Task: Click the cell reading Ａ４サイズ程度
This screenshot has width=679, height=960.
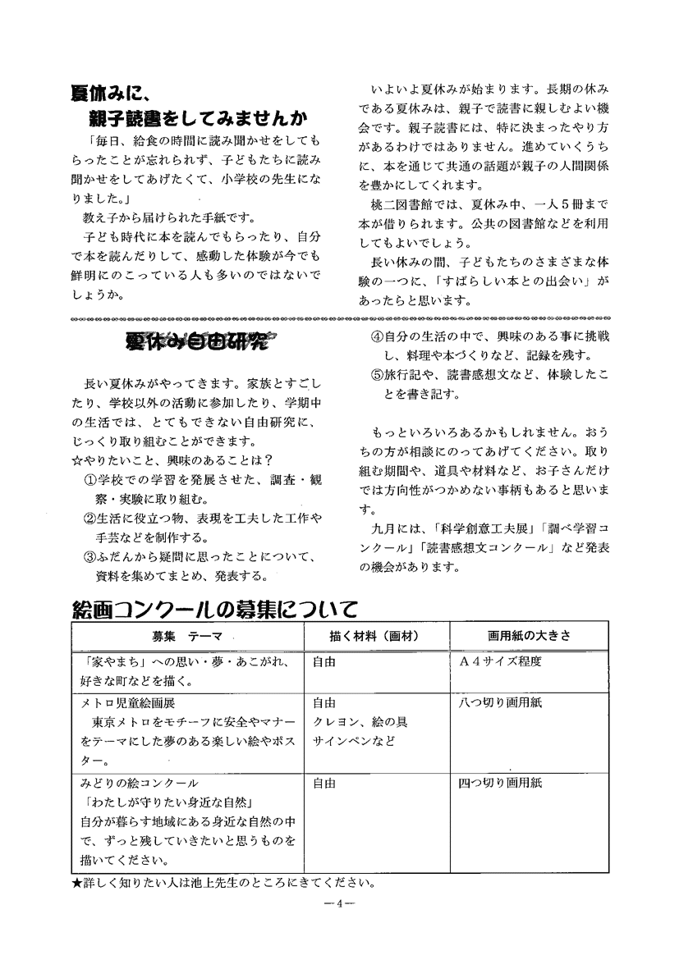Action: click(x=502, y=662)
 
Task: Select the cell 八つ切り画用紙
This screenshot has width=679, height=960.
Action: click(x=500, y=703)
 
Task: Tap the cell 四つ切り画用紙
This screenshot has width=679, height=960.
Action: click(x=500, y=783)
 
